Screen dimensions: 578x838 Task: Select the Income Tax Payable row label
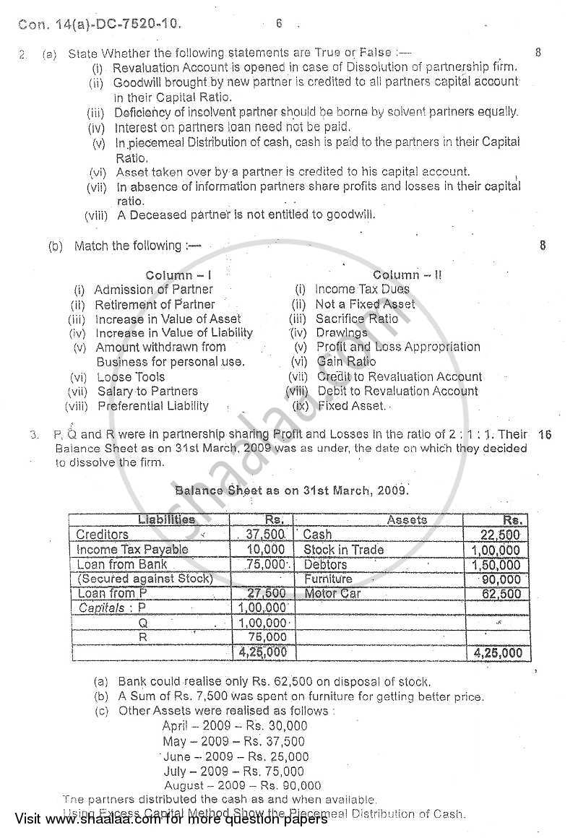pyautogui.click(x=132, y=550)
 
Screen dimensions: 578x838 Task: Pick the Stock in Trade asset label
pyautogui.click(x=344, y=550)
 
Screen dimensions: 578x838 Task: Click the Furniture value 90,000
pyautogui.click(x=502, y=579)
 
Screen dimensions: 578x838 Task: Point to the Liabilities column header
pyautogui.click(x=166, y=519)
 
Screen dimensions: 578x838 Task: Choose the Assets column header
pyautogui.click(x=407, y=519)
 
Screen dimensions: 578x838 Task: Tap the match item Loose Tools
pyautogui.click(x=131, y=377)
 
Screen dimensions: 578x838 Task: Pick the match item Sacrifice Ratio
pyautogui.click(x=357, y=319)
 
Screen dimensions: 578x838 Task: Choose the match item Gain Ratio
pyautogui.click(x=346, y=361)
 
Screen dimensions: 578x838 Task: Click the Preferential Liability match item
pyautogui.click(x=153, y=406)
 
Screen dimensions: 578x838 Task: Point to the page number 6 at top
pyautogui.click(x=279, y=23)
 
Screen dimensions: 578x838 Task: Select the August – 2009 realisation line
pyautogui.click(x=243, y=785)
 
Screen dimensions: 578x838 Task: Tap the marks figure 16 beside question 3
pyautogui.click(x=545, y=435)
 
